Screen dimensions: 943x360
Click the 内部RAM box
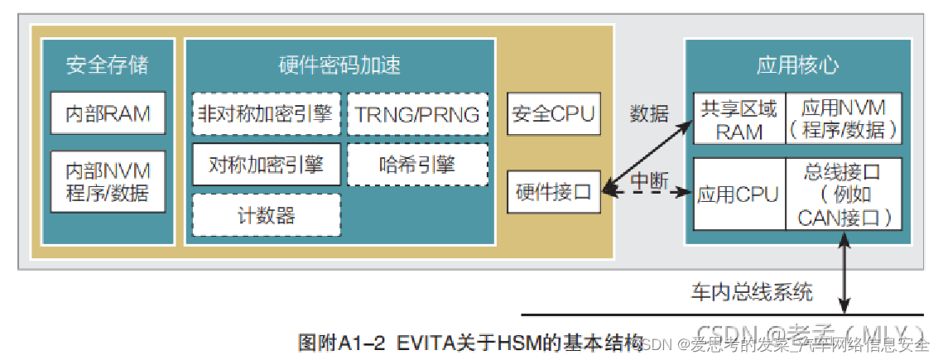(x=108, y=113)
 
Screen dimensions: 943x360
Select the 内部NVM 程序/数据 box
(x=108, y=181)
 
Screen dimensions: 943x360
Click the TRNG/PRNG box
(x=417, y=114)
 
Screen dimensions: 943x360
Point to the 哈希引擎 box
(x=417, y=165)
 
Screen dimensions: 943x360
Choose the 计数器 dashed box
(x=266, y=215)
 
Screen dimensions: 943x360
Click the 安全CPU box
(x=553, y=114)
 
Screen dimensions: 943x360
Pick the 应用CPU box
(x=739, y=194)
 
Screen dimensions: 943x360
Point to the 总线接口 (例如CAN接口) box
(x=843, y=194)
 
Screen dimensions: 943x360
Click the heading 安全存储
(x=108, y=65)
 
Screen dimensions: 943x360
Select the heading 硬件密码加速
(x=339, y=65)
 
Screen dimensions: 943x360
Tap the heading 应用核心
(x=796, y=65)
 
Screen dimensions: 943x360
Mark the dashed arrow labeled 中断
(x=647, y=192)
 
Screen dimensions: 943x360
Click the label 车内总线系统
(x=752, y=291)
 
